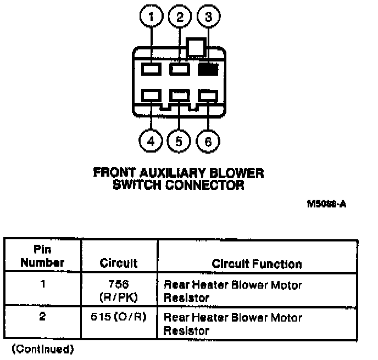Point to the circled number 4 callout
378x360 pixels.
151,142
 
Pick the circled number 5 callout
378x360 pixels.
179,142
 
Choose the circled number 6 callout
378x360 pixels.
207,142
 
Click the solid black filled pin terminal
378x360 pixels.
208,69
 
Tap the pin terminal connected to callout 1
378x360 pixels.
151,69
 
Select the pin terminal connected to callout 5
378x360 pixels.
179,95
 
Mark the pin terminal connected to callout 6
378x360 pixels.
207,95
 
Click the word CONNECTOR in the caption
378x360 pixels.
210,185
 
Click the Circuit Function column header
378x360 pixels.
257,264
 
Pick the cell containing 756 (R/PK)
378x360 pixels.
119,291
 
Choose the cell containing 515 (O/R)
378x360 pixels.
119,318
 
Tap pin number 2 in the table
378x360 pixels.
43,318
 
